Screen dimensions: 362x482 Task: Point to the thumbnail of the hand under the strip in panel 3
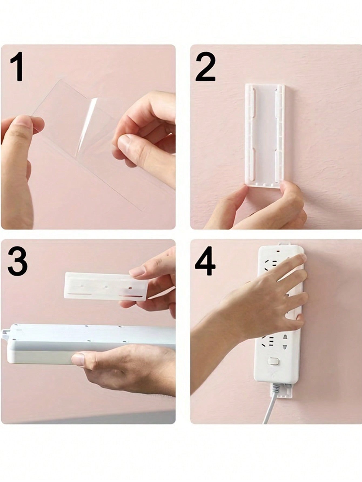point(78,360)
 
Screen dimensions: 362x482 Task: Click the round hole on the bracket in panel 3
point(130,288)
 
